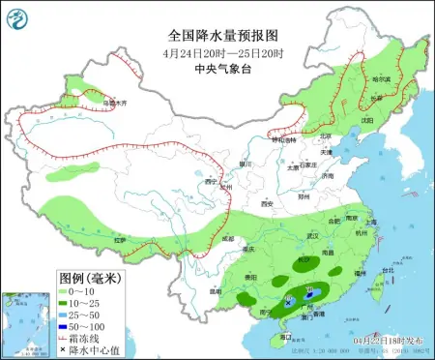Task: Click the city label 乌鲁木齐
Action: pyautogui.click(x=115, y=101)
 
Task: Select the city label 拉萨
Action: pyautogui.click(x=119, y=238)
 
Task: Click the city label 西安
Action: pyautogui.click(x=268, y=204)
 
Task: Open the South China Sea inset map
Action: pyautogui.click(x=25, y=324)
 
